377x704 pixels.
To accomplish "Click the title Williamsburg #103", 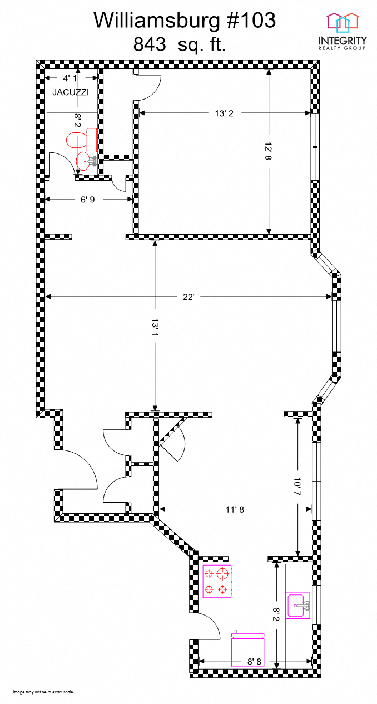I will tap(184, 21).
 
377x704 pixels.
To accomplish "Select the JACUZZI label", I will tap(71, 92).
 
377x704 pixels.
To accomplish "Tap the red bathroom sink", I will tap(85, 161).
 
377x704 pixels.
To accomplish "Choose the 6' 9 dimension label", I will tap(87, 199).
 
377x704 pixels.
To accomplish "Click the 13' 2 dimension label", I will tap(224, 113).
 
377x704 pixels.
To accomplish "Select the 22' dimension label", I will tap(188, 297).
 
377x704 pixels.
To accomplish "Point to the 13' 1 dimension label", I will tap(155, 330).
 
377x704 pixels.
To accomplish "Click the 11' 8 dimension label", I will tap(234, 508).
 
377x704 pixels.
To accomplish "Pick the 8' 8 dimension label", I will tap(254, 661).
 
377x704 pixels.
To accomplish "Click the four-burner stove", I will tap(217, 581).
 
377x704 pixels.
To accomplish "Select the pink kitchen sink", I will tap(298, 606).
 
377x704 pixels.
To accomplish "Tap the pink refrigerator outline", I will tap(247, 651).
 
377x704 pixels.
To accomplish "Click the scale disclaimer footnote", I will tap(43, 692).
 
